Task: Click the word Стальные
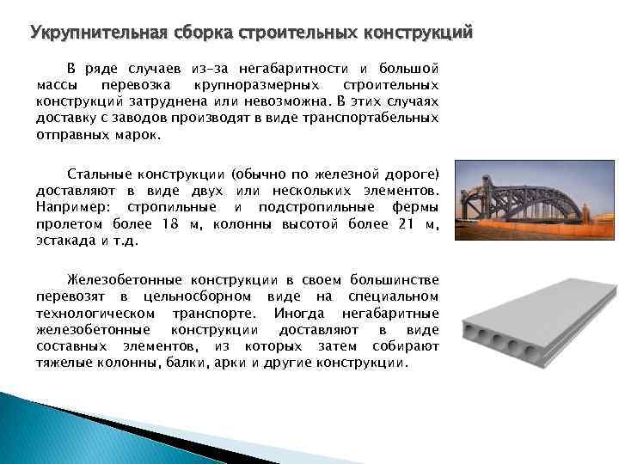pyautogui.click(x=96, y=174)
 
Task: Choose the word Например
pyautogui.click(x=73, y=208)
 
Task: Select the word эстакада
pyautogui.click(x=65, y=241)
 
